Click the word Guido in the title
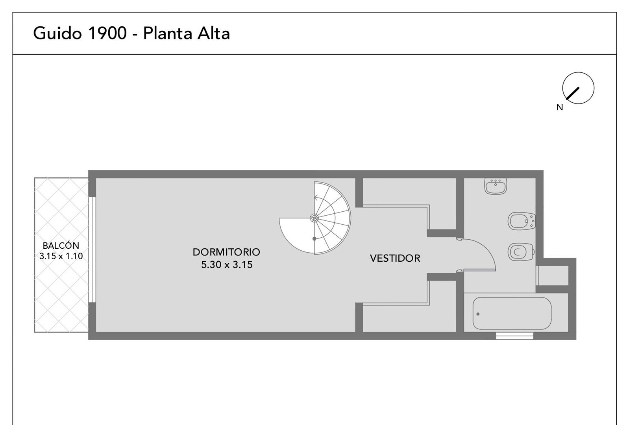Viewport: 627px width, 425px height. (57, 33)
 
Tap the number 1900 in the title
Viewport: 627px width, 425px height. (107, 33)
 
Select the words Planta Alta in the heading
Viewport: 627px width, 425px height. (187, 33)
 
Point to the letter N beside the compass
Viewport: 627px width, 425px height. (560, 107)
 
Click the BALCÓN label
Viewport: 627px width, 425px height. (61, 246)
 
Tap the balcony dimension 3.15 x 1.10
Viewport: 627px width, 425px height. (61, 256)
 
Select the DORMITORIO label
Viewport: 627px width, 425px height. (226, 252)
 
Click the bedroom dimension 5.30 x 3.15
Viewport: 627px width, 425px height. (227, 265)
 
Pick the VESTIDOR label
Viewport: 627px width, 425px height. (395, 258)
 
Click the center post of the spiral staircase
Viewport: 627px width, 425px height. (314, 218)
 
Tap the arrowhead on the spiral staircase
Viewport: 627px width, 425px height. (316, 198)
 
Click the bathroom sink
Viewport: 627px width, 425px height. (496, 186)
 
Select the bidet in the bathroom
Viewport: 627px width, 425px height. (522, 221)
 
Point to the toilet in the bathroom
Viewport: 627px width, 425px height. (521, 252)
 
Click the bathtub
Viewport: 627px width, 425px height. (512, 313)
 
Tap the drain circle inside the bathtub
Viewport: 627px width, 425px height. (478, 314)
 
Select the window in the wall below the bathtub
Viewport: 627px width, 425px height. (514, 336)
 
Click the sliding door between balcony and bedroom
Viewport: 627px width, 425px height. (92, 249)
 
